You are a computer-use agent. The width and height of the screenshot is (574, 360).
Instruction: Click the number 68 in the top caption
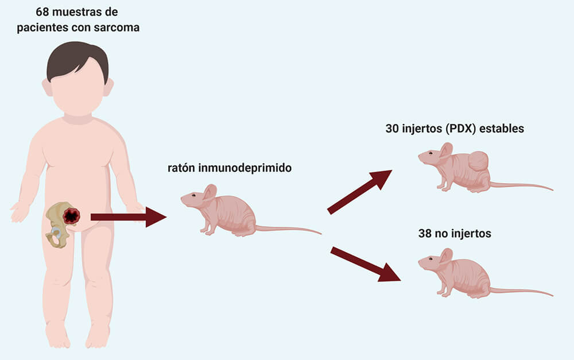point(42,11)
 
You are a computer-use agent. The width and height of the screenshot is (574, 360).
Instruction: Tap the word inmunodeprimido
point(245,168)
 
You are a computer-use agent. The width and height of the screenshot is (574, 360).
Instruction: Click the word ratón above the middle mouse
point(181,168)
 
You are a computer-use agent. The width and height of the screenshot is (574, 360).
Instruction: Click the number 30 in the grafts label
point(392,129)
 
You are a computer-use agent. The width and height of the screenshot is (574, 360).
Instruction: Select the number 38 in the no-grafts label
point(425,234)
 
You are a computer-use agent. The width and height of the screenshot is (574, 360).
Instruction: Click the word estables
point(502,129)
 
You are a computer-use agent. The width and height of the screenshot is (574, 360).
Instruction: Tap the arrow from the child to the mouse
point(129,217)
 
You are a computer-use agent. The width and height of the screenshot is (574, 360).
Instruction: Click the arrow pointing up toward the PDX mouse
point(359,192)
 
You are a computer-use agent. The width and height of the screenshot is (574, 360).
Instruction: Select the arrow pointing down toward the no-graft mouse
point(365,264)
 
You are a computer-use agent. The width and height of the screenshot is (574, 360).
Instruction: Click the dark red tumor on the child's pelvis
point(71,216)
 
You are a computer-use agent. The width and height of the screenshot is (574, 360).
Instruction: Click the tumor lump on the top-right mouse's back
point(478,161)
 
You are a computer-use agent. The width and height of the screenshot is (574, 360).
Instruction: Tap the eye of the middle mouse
point(193,195)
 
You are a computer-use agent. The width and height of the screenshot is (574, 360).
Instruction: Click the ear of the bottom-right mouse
point(446,256)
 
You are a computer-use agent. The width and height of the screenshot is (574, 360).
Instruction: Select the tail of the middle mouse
point(288,229)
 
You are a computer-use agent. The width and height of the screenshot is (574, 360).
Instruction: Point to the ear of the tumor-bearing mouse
point(446,150)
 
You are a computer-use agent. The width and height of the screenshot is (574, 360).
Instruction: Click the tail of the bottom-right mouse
point(521,292)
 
